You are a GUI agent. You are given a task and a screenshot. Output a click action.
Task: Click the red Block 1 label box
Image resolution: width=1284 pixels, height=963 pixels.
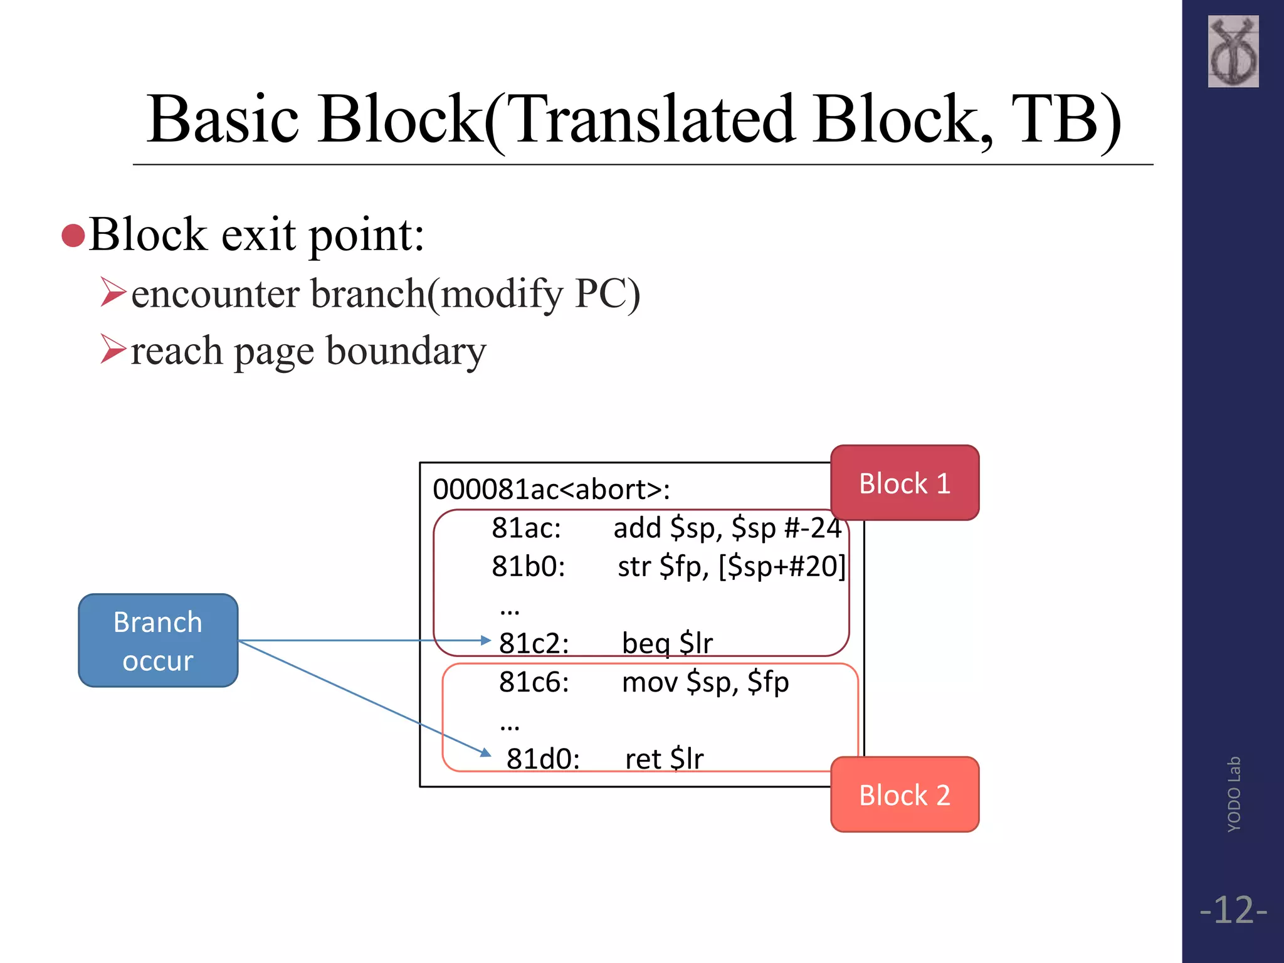[x=904, y=483]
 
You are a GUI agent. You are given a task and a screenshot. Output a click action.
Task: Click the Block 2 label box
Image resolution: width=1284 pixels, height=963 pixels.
[x=904, y=795]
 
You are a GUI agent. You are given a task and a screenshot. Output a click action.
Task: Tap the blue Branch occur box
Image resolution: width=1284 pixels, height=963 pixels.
[x=158, y=641]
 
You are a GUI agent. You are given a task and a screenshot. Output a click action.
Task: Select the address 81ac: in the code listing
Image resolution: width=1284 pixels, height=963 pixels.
[x=526, y=528]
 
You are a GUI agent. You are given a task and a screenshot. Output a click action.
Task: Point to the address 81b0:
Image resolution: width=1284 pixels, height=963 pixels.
[x=528, y=566]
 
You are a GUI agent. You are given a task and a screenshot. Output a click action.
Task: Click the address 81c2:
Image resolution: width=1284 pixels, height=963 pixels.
[x=534, y=643]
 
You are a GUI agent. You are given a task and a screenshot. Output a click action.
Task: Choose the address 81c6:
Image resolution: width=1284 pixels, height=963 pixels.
[x=534, y=682]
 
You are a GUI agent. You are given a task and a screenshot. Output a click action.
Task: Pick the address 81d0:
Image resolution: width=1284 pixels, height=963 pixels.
[x=542, y=759]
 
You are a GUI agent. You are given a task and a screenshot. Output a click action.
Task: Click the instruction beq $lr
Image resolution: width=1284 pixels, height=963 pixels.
[x=667, y=643]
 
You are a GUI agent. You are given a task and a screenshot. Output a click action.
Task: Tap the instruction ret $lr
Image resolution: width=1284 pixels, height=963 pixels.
[x=664, y=759]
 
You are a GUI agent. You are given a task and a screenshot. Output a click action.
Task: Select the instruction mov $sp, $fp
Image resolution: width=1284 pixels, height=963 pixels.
[x=705, y=682]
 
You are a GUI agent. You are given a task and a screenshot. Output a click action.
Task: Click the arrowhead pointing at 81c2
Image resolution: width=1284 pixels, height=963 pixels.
[x=485, y=640]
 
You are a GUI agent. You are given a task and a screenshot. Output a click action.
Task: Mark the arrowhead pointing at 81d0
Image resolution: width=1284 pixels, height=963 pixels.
[x=486, y=752]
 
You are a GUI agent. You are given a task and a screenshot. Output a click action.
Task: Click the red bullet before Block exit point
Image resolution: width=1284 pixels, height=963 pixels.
[x=73, y=236]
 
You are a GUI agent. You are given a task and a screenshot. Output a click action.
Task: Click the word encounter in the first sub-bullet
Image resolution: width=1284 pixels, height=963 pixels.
[x=215, y=293]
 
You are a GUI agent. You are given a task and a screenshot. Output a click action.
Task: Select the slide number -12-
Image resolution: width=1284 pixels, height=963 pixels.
[x=1233, y=910]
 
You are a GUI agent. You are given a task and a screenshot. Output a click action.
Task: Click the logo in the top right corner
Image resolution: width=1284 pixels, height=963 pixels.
[x=1233, y=51]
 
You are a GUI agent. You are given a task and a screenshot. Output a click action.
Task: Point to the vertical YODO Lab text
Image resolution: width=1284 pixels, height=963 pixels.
[x=1233, y=794]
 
